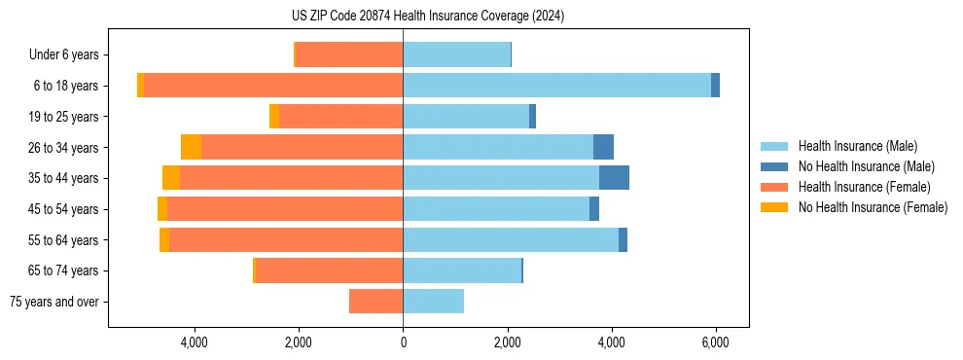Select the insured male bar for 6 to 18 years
[x=556, y=86]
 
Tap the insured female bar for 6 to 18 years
[x=273, y=86]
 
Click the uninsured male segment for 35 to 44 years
[x=614, y=178]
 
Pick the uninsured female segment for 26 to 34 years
[x=191, y=147]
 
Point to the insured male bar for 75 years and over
[x=433, y=302]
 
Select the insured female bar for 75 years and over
[x=375, y=302]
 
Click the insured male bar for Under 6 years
[x=456, y=54]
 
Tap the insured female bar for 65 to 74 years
[x=329, y=270]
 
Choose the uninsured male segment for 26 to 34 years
[x=603, y=147]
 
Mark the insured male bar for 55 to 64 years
[x=511, y=239]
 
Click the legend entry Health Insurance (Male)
[x=856, y=146]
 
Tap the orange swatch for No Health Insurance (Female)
[x=775, y=207]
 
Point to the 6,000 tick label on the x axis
[x=715, y=343]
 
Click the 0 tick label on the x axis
[x=403, y=343]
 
